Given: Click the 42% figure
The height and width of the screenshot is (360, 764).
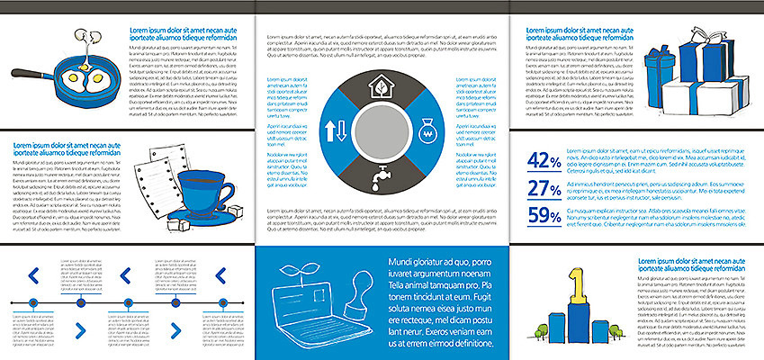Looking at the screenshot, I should (544, 160).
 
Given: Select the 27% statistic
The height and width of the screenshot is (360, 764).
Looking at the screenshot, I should (544, 188).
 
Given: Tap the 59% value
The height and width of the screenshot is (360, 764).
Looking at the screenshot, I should (544, 215).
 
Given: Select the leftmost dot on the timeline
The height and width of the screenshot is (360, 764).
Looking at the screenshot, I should (33, 302).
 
